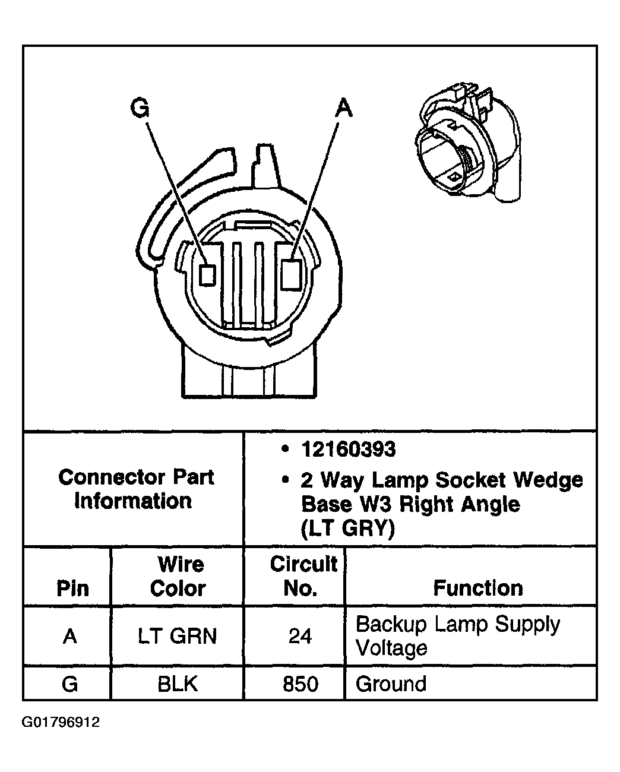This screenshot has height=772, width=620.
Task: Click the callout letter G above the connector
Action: click(140, 109)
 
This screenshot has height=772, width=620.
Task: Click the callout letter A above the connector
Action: click(344, 109)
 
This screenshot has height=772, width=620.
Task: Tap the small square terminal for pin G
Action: click(207, 276)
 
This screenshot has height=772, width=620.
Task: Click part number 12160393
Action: click(348, 450)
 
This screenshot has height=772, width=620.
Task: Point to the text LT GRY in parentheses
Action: click(348, 528)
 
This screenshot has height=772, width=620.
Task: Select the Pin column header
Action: click(72, 588)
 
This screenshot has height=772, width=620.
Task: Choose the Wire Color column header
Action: click(178, 576)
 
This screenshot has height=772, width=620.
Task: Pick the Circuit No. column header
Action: click(303, 576)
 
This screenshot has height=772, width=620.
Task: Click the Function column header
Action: click(477, 588)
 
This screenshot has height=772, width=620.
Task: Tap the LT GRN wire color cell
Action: click(178, 636)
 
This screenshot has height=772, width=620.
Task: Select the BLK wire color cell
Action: click(178, 684)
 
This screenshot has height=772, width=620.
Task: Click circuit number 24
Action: click(300, 636)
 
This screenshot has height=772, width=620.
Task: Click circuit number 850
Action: click(300, 684)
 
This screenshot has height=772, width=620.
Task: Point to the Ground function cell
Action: click(391, 684)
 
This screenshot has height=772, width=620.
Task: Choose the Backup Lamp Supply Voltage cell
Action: click(457, 635)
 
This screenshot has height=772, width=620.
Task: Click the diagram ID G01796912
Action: click(61, 723)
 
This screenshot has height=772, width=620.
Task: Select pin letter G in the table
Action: click(69, 684)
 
